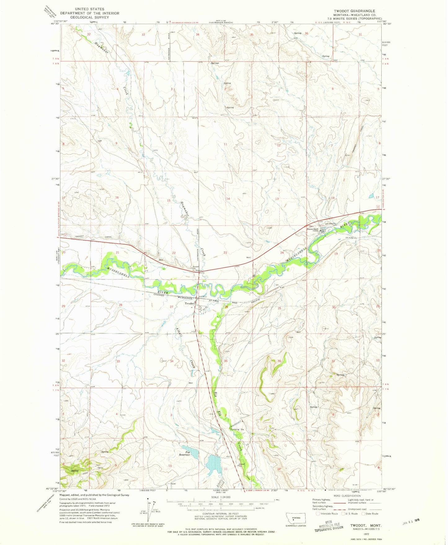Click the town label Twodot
point(189,303)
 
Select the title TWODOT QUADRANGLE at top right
point(354,11)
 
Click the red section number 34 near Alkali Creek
point(171,361)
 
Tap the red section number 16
point(117,198)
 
